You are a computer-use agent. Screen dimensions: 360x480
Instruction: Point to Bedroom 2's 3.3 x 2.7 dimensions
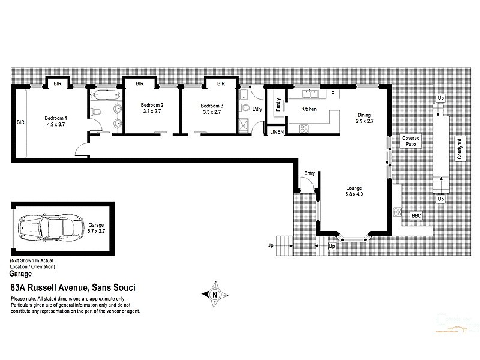pyautogui.click(x=149, y=112)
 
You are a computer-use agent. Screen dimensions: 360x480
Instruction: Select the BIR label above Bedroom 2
pyautogui.click(x=139, y=83)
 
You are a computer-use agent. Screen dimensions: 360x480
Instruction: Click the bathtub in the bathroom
pyautogui.click(x=105, y=95)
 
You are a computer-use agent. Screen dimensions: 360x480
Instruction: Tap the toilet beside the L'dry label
pyautogui.click(x=244, y=109)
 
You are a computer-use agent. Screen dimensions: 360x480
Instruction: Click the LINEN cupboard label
pyautogui.click(x=276, y=131)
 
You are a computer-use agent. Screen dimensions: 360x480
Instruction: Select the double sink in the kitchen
pyautogui.click(x=310, y=94)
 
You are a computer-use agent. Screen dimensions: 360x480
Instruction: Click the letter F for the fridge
pyautogui.click(x=332, y=93)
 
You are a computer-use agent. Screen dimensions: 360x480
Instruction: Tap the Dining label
pyautogui.click(x=365, y=115)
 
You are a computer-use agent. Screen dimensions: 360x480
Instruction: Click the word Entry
pyautogui.click(x=310, y=173)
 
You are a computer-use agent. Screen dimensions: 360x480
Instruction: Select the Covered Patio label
pyautogui.click(x=411, y=141)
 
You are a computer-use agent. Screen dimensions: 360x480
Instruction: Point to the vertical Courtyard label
pyautogui.click(x=458, y=147)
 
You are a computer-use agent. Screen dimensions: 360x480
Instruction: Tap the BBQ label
pyautogui.click(x=416, y=215)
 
